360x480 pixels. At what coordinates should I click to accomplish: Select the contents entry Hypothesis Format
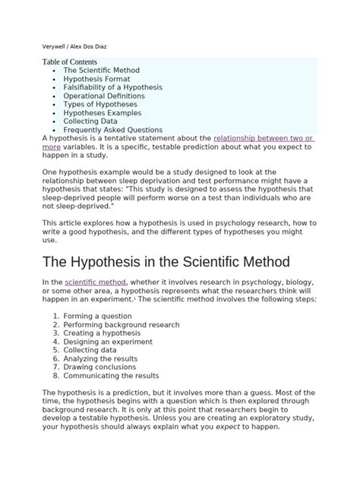(x=96, y=78)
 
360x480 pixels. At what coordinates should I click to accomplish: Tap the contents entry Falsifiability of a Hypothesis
(x=113, y=87)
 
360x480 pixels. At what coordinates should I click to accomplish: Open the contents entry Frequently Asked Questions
(x=113, y=130)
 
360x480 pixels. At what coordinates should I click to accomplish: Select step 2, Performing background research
(x=122, y=324)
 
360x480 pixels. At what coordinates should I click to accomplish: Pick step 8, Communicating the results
(x=111, y=375)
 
